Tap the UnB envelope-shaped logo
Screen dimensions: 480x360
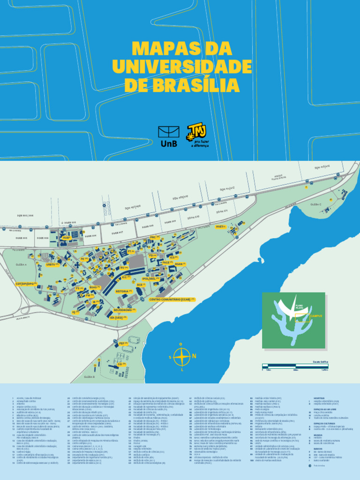(169, 132)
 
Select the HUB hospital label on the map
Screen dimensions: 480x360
(67, 238)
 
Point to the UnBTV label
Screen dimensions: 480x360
(51, 265)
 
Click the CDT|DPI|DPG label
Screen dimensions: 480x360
(26, 284)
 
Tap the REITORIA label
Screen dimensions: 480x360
(124, 291)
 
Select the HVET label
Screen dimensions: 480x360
(221, 226)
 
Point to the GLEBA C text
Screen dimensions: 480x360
(315, 204)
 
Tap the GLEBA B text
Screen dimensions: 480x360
(89, 377)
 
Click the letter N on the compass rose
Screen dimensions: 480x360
(194, 356)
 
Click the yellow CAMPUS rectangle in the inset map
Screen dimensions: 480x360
(302, 315)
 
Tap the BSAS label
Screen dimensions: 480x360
(94, 287)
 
